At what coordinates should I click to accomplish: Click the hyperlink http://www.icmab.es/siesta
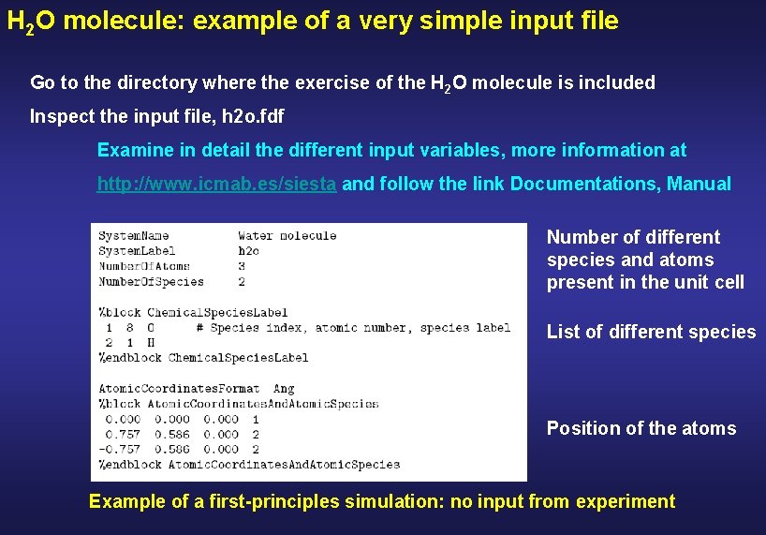[x=216, y=185]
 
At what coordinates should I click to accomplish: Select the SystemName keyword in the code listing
[x=134, y=236]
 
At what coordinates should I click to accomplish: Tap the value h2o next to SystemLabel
[x=249, y=251]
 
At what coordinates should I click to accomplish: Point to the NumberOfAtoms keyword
[x=144, y=266]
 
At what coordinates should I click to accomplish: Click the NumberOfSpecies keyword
[x=151, y=281]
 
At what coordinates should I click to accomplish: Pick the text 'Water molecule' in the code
[x=287, y=236]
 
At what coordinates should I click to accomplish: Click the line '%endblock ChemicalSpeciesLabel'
[x=204, y=357]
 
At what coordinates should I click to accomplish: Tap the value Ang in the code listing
[x=284, y=388]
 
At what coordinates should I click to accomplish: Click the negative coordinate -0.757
[x=121, y=449]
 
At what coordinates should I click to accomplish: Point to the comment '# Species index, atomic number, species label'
[x=354, y=328]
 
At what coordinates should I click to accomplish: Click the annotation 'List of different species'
[x=651, y=332]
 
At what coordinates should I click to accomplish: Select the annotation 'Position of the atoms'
[x=641, y=428]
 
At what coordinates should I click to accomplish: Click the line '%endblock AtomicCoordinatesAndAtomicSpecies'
[x=249, y=464]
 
